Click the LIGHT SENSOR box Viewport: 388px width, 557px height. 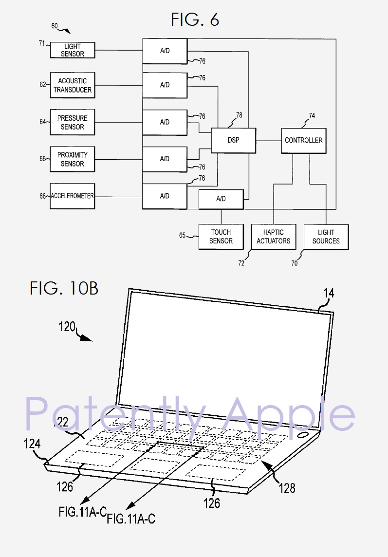coord(73,50)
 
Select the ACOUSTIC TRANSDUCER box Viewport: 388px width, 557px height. coord(73,85)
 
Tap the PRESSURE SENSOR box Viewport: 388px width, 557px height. coord(73,122)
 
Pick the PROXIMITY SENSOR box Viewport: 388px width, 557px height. coord(73,159)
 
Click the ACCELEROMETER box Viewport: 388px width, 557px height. coord(73,196)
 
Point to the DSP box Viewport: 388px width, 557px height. coord(233,140)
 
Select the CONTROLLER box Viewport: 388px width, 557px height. coord(303,140)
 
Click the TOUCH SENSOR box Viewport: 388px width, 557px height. coord(221,237)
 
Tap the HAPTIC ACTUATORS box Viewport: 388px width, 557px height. coord(273,237)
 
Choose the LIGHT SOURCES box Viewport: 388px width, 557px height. coord(326,237)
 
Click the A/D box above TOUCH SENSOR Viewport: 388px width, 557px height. coord(221,199)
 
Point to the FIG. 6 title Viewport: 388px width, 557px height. coord(195,19)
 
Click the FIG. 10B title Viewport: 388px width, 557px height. coord(64,288)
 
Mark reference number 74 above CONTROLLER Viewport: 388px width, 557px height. coord(312,116)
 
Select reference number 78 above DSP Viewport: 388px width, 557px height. coord(239,115)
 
